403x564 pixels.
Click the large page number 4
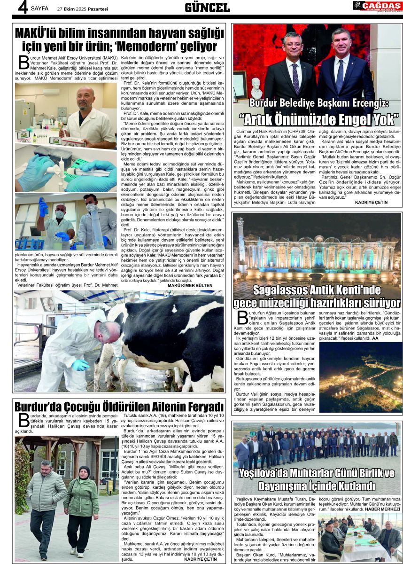point(22,8)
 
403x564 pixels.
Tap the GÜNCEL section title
point(207,8)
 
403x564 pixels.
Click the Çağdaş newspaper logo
point(377,6)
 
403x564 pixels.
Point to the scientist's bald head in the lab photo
point(86,94)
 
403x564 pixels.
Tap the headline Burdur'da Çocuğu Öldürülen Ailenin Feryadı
point(119,407)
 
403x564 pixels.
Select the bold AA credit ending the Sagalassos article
point(375,337)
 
